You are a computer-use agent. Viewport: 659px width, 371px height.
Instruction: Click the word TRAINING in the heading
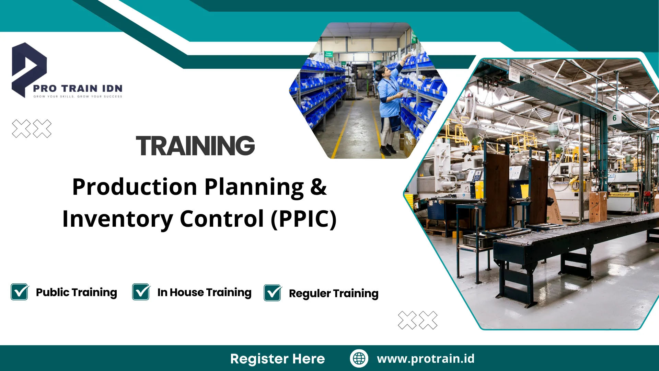pyautogui.click(x=195, y=146)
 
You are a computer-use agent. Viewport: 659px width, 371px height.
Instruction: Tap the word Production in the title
pyautogui.click(x=135, y=187)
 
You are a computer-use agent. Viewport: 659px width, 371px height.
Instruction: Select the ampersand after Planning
pyautogui.click(x=318, y=187)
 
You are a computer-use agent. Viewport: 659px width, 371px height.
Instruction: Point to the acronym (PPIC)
pyautogui.click(x=303, y=219)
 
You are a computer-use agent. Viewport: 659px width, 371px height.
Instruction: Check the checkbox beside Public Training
pyautogui.click(x=20, y=292)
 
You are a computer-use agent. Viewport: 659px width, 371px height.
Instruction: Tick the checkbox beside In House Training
pyautogui.click(x=141, y=292)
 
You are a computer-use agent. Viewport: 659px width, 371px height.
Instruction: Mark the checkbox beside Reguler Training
pyautogui.click(x=273, y=293)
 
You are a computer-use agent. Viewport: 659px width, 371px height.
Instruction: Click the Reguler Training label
pyautogui.click(x=333, y=293)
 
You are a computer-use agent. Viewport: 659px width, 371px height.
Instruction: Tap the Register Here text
pyautogui.click(x=277, y=359)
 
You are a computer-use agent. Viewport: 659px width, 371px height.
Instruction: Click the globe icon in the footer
pyautogui.click(x=359, y=358)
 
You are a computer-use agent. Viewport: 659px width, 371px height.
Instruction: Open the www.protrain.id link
pyautogui.click(x=426, y=359)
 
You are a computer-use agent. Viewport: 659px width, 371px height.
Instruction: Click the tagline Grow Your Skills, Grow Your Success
pyautogui.click(x=78, y=97)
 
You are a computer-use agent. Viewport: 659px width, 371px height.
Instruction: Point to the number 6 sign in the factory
pyautogui.click(x=614, y=118)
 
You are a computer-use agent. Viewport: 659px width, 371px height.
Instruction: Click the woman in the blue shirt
pyautogui.click(x=389, y=103)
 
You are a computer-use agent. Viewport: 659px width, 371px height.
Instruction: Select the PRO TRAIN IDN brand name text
pyautogui.click(x=78, y=88)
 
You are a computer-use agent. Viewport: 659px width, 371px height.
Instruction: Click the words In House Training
pyautogui.click(x=204, y=292)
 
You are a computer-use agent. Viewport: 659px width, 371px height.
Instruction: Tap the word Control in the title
pyautogui.click(x=222, y=219)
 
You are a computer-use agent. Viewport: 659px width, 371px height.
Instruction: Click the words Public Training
pyautogui.click(x=76, y=292)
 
